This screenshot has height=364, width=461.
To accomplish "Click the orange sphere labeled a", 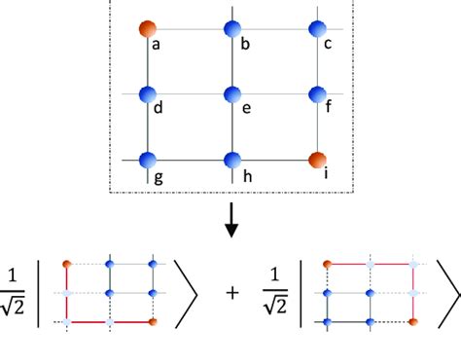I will pos(147,29).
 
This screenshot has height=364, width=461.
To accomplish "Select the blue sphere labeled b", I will pos(231,29).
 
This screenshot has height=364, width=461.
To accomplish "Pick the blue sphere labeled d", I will pos(147,94).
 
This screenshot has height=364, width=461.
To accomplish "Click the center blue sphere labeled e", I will pos(231,94).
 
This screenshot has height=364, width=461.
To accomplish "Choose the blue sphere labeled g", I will pos(147,159).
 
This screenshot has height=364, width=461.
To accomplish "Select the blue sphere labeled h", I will pos(231,159).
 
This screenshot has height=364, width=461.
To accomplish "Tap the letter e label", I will pos(247,109).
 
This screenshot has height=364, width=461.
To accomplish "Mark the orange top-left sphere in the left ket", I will pos(66,263).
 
